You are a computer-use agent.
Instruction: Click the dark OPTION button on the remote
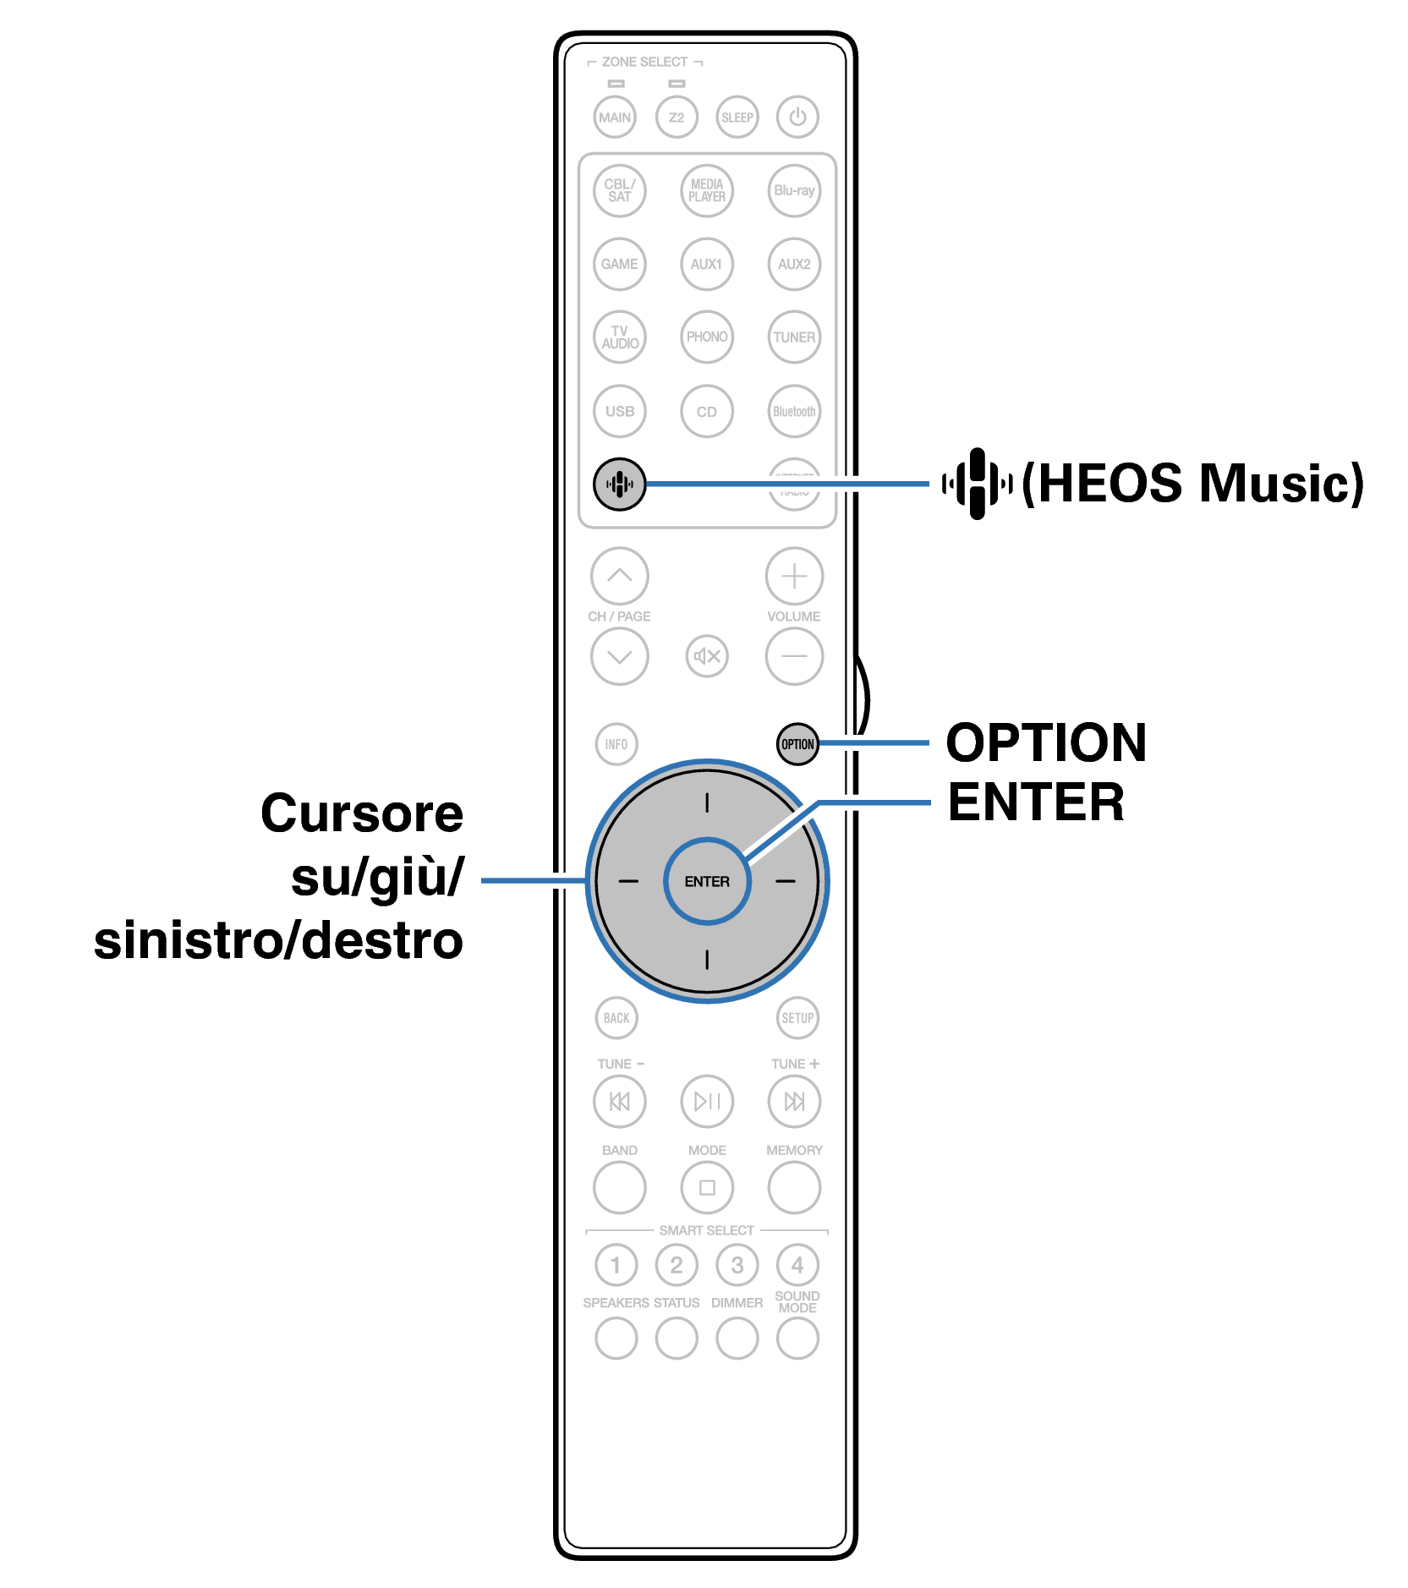click(797, 744)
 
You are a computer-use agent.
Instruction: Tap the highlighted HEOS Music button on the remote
click(619, 485)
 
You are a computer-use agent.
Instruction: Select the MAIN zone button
click(615, 118)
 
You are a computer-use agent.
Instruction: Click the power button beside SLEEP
click(797, 118)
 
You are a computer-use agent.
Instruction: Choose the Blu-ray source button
click(794, 191)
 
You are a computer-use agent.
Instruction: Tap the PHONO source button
click(707, 337)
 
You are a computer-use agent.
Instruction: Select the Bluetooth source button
click(794, 412)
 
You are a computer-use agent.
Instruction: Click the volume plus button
click(794, 577)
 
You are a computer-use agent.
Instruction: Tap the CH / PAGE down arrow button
click(620, 656)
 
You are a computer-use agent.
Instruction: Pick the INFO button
click(616, 744)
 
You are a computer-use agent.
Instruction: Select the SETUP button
click(797, 1018)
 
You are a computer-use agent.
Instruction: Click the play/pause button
click(707, 1101)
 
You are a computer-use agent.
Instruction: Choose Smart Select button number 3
click(737, 1265)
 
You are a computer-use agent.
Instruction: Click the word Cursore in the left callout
click(362, 813)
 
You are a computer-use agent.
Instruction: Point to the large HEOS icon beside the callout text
click(978, 484)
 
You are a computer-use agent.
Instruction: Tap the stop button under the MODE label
click(707, 1187)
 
